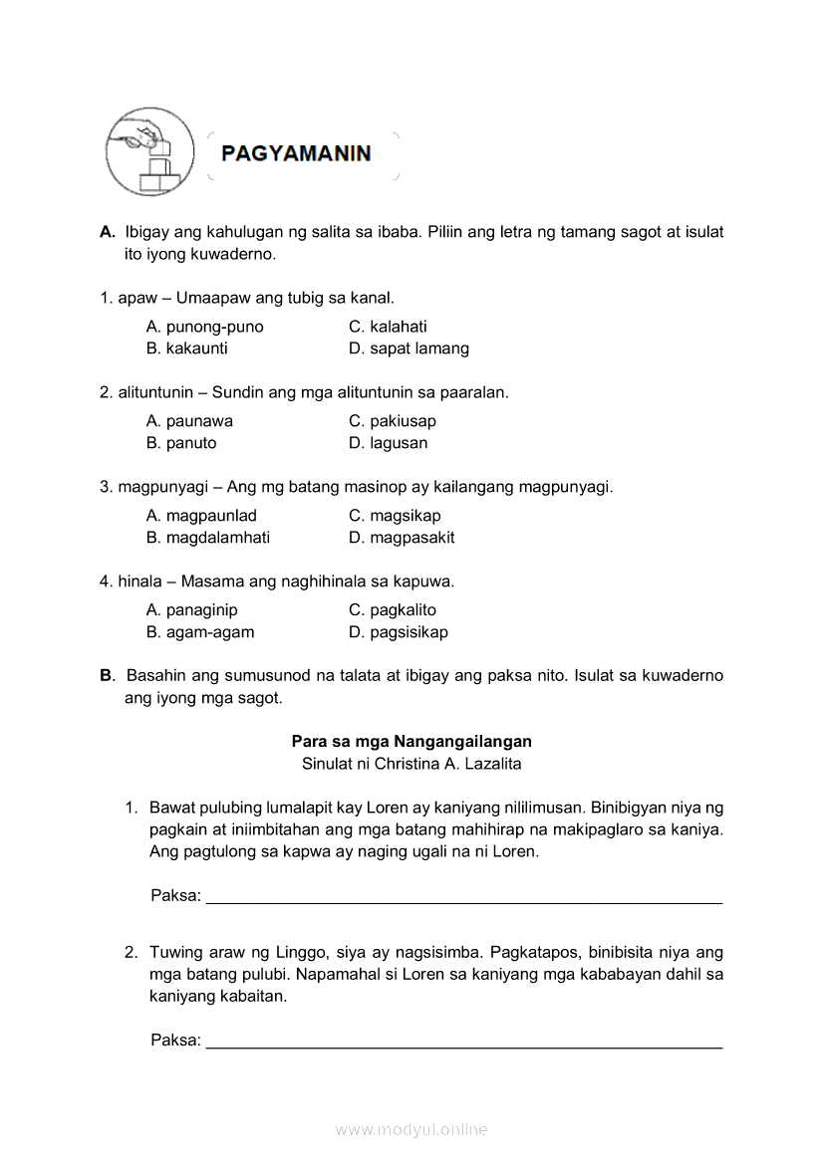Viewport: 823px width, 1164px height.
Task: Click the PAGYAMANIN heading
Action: click(x=296, y=154)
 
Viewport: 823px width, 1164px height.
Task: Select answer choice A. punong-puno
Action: click(x=204, y=327)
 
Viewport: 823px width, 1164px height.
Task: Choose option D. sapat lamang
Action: click(x=409, y=349)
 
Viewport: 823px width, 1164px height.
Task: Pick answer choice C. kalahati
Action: click(x=388, y=327)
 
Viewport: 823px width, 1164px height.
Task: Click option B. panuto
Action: click(x=181, y=443)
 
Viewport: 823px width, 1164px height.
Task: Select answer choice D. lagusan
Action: click(x=388, y=443)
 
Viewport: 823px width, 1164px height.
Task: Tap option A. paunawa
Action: click(x=189, y=421)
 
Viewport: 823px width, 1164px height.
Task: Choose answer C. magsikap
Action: click(x=395, y=516)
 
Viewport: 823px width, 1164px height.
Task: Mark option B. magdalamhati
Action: click(x=207, y=538)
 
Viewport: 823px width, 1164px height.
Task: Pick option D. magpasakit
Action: click(x=402, y=538)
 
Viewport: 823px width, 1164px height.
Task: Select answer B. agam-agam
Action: click(x=200, y=632)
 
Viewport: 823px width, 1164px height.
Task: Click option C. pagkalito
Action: click(x=393, y=610)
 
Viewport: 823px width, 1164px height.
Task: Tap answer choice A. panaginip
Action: click(x=191, y=610)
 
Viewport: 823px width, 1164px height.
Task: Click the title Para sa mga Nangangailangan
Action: click(x=411, y=742)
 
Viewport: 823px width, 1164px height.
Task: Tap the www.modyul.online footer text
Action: click(x=411, y=1130)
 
